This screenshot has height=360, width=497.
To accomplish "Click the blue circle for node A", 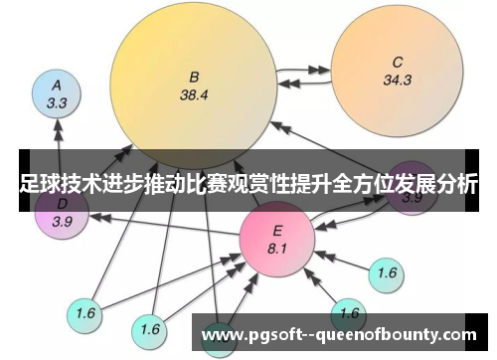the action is (x=57, y=93).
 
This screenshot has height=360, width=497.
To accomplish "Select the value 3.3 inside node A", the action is (x=57, y=102).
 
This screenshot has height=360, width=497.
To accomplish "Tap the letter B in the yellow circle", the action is (x=194, y=76).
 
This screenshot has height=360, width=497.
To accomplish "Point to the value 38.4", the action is (x=194, y=96).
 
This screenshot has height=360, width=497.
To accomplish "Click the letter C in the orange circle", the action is (x=398, y=60).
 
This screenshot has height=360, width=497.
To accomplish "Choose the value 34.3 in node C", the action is (x=398, y=81).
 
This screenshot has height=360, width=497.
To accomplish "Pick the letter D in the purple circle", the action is (x=61, y=204).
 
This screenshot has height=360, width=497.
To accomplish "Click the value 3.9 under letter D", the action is (x=62, y=221).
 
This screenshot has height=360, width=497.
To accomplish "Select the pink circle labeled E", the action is (x=277, y=240).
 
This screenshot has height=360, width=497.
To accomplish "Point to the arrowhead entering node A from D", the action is (x=57, y=127).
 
